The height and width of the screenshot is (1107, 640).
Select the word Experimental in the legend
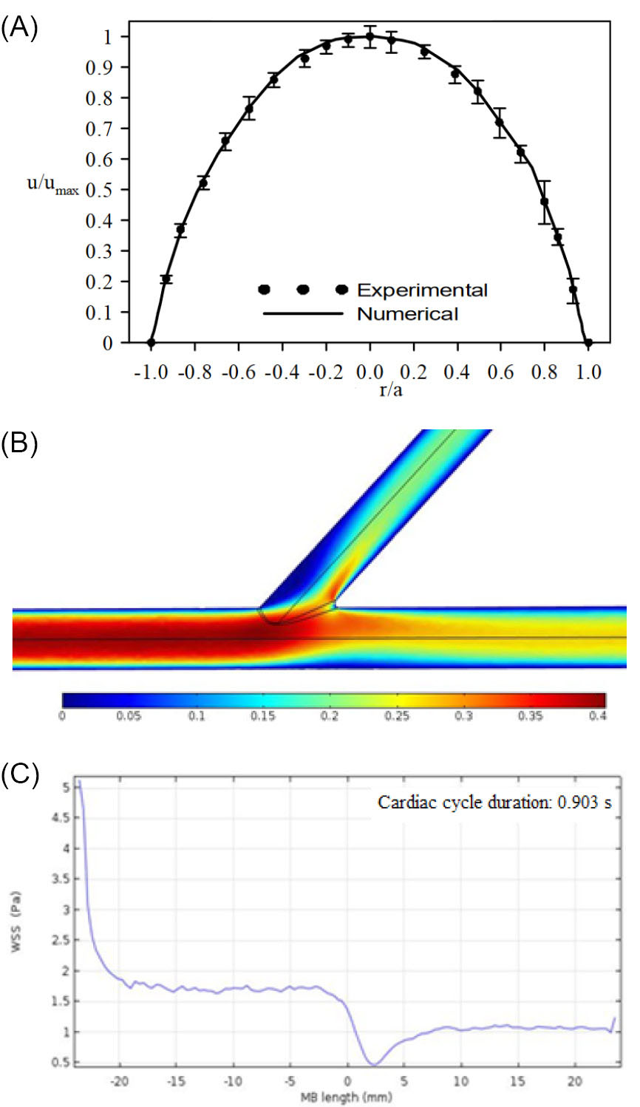point(422,290)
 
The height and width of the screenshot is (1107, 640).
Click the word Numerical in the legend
point(407,314)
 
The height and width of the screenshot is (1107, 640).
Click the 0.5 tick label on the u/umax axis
point(98,190)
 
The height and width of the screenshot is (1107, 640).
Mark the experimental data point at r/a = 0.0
point(370,36)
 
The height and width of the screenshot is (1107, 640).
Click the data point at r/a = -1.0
point(152,343)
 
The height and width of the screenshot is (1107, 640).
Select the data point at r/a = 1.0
point(588,343)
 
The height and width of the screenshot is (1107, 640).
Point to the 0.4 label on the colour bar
point(598,717)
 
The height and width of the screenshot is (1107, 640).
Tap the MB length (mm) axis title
point(346,1097)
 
